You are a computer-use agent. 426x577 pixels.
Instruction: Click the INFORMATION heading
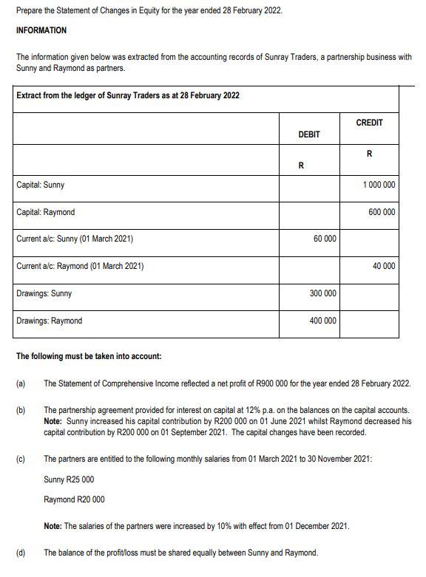[x=41, y=30]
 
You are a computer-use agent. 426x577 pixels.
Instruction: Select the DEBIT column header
[x=308, y=134]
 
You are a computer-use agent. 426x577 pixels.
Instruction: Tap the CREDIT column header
[x=369, y=123]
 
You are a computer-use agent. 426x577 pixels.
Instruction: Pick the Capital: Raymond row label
[x=46, y=212]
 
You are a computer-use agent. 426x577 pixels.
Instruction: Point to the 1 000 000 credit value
[x=379, y=185]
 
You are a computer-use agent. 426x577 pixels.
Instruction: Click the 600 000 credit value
[x=382, y=212]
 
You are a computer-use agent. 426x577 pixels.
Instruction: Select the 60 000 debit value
[x=325, y=239]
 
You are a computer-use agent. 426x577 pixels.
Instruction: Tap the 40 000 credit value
[x=384, y=266]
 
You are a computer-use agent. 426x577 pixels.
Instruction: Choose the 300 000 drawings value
[x=322, y=293]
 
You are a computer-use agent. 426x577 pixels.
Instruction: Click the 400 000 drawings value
[x=322, y=321]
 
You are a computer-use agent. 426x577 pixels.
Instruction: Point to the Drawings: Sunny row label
[x=44, y=293]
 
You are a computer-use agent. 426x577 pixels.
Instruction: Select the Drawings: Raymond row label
[x=50, y=321]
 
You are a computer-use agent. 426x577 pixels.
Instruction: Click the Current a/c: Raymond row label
[x=80, y=266]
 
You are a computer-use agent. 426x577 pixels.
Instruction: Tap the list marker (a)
[x=21, y=383]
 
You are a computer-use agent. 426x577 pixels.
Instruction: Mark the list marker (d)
[x=21, y=553]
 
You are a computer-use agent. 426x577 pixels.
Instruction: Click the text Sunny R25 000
[x=69, y=479]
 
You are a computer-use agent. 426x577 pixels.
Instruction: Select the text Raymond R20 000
[x=74, y=499]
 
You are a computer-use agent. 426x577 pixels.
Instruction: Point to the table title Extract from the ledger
[x=128, y=96]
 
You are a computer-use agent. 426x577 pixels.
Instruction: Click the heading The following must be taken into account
[x=89, y=356]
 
